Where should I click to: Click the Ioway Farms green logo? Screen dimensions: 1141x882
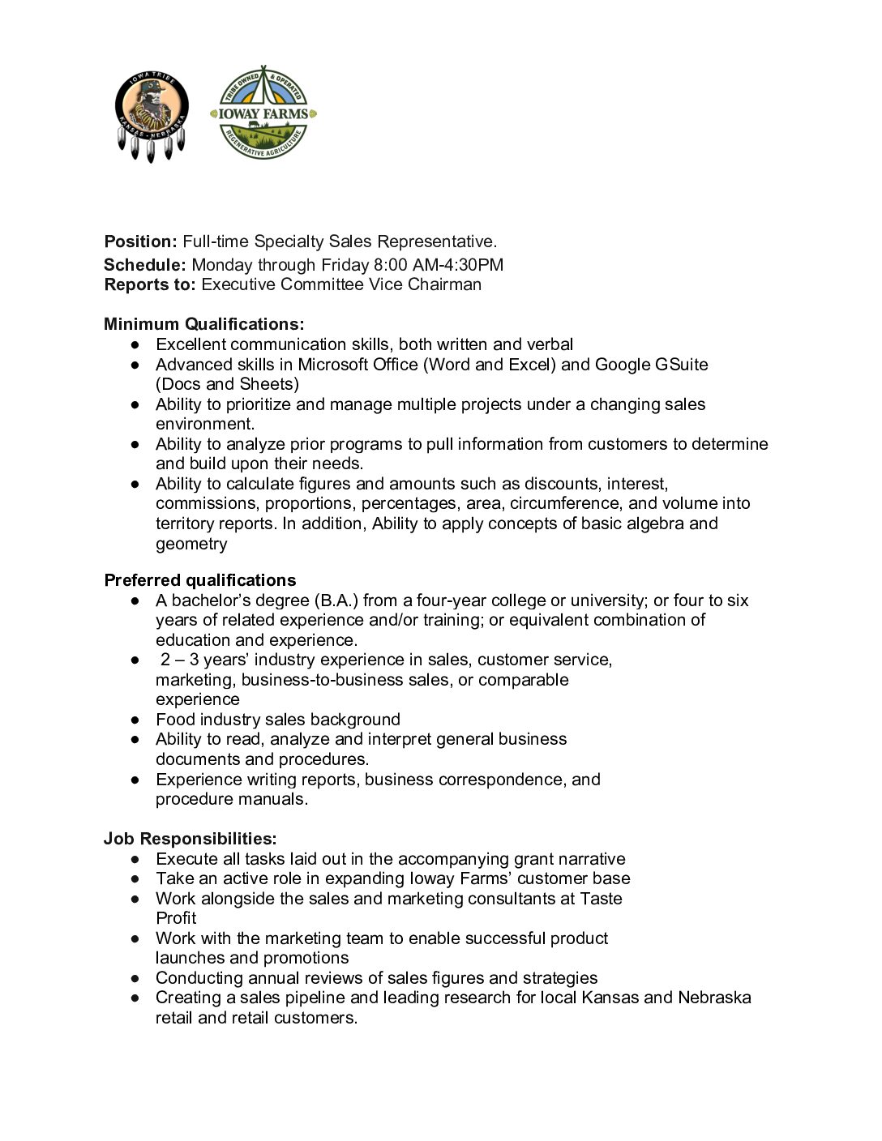[x=263, y=113]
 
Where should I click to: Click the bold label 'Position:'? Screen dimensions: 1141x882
[x=140, y=241]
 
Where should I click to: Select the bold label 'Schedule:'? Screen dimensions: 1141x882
[x=145, y=265]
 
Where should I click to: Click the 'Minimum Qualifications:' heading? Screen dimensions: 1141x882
[x=204, y=324]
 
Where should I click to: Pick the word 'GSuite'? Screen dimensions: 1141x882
[x=682, y=365]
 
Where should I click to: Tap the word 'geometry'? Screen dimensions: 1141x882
[x=191, y=544]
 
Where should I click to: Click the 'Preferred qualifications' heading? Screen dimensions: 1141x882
[x=200, y=580]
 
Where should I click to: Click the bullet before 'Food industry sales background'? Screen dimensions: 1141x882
[x=135, y=720]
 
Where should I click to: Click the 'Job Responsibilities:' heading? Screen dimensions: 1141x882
[x=190, y=839]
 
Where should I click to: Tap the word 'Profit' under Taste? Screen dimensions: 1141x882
[x=176, y=918]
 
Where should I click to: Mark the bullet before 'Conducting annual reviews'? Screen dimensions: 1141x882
[x=135, y=978]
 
